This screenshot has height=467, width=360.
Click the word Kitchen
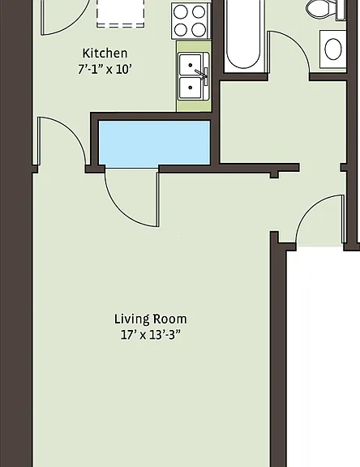coord(105,54)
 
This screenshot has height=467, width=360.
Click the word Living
coord(132,319)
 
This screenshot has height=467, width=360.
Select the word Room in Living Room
coord(170,319)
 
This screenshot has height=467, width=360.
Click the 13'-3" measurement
coord(165,335)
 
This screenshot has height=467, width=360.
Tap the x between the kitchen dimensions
coord(109,71)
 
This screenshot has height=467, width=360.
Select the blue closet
coord(154,143)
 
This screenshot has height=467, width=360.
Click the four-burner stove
coord(191,21)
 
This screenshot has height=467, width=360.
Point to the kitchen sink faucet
coord(202,75)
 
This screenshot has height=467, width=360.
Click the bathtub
coord(243,36)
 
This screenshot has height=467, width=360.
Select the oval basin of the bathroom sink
coord(333,49)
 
